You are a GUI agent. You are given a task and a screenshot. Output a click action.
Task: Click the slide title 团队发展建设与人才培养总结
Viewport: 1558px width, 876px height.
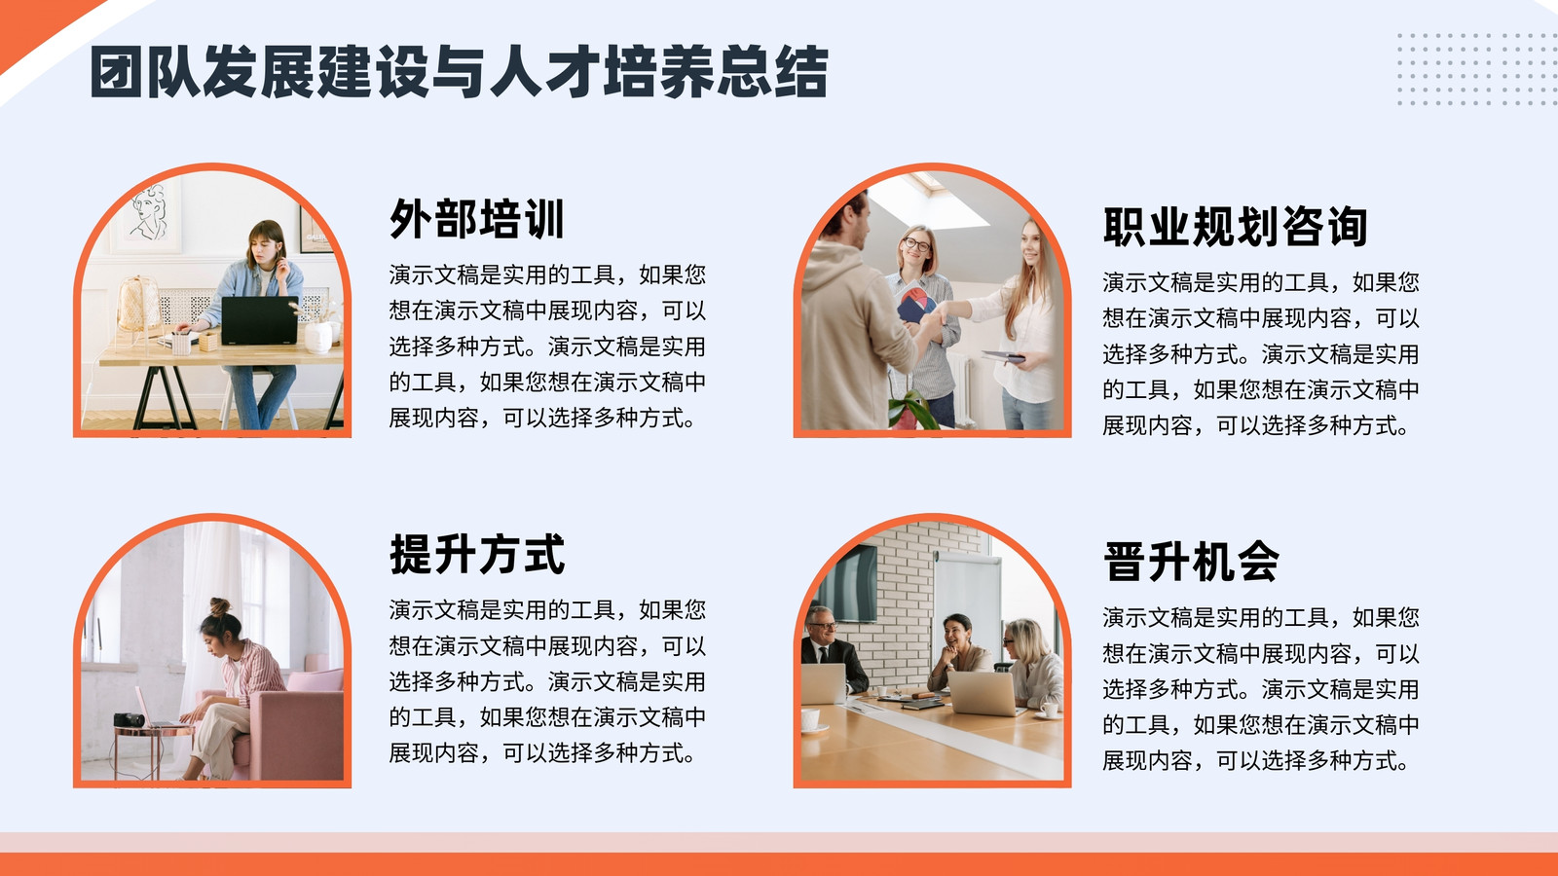click(x=459, y=72)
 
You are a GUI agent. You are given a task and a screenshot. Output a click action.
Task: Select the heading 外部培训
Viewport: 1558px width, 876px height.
click(x=477, y=219)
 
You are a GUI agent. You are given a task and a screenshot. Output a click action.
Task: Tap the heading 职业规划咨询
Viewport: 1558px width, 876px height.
click(x=1236, y=227)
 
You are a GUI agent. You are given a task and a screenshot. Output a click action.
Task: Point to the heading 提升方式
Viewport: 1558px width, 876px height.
click(x=477, y=554)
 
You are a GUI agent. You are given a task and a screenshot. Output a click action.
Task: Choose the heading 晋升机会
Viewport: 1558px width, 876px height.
click(x=1191, y=562)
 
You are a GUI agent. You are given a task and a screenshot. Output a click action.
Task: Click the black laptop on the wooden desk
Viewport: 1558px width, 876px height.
click(x=259, y=320)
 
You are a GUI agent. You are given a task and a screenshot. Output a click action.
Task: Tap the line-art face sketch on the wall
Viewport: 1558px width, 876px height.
click(x=150, y=213)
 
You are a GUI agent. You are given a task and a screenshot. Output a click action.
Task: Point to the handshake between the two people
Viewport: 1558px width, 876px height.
click(x=938, y=317)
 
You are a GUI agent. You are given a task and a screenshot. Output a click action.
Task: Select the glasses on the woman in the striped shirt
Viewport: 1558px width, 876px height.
click(x=916, y=244)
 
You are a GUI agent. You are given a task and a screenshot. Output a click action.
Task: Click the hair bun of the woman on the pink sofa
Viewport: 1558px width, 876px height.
click(x=220, y=607)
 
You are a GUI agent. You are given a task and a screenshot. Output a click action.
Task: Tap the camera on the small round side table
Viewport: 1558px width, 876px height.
click(x=129, y=720)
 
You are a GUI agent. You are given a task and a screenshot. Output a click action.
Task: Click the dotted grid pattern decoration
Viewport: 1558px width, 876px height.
click(x=1477, y=69)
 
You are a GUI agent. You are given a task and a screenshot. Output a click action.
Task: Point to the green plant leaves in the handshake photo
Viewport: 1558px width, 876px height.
click(x=912, y=406)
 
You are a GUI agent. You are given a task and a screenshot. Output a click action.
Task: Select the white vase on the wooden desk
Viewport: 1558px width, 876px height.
click(x=318, y=337)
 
